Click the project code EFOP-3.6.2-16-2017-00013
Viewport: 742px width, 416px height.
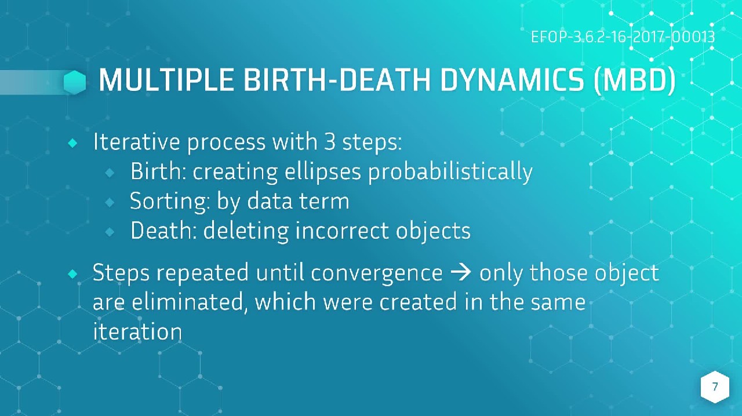(x=623, y=37)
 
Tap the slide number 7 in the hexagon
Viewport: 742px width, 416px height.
(x=715, y=386)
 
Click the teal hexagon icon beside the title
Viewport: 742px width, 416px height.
(x=75, y=82)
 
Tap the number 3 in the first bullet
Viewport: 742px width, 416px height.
(x=330, y=141)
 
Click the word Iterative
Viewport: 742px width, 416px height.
(x=136, y=141)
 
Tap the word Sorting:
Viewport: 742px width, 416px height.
(x=170, y=202)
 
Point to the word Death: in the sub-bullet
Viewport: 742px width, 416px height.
(x=163, y=230)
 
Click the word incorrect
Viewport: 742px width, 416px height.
(x=342, y=230)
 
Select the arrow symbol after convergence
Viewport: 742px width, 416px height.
(x=461, y=272)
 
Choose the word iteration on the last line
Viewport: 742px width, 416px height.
(x=137, y=331)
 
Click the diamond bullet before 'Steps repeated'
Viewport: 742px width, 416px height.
(x=72, y=274)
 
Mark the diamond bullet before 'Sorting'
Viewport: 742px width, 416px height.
(x=110, y=202)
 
